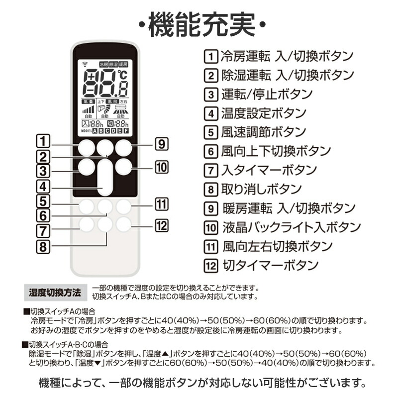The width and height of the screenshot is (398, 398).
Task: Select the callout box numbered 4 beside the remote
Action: (44, 187)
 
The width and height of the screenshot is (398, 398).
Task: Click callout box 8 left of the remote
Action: (44, 245)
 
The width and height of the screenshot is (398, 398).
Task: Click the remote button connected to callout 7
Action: (86, 225)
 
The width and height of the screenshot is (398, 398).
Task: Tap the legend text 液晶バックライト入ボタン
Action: (291, 227)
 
